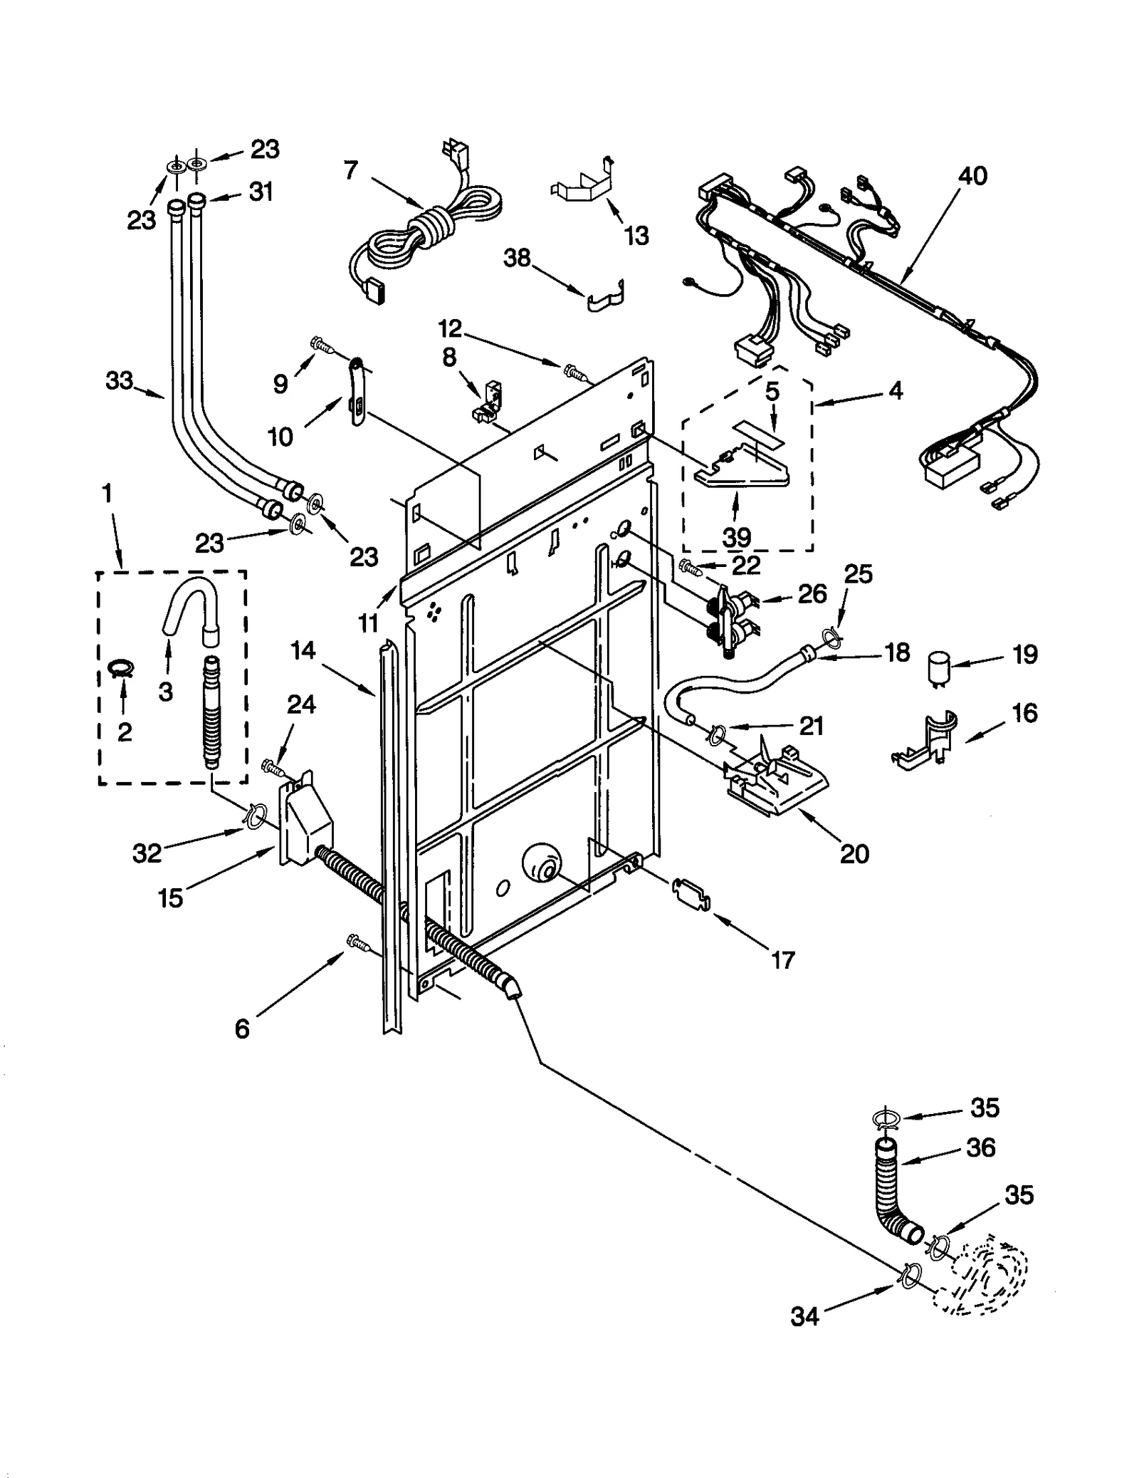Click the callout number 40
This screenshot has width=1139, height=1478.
(972, 176)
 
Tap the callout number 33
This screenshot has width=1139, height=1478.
(119, 381)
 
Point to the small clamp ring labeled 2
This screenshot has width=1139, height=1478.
(122, 667)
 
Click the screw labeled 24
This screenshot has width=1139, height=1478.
(273, 766)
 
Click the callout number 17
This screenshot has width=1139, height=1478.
(782, 960)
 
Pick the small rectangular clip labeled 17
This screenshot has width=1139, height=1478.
(691, 892)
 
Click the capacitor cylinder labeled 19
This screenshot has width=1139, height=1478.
(940, 670)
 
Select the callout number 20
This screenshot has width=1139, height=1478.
(854, 853)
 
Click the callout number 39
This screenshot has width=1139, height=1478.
(736, 537)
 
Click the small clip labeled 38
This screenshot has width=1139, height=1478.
(607, 297)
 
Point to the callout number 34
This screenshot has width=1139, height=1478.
(804, 1317)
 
